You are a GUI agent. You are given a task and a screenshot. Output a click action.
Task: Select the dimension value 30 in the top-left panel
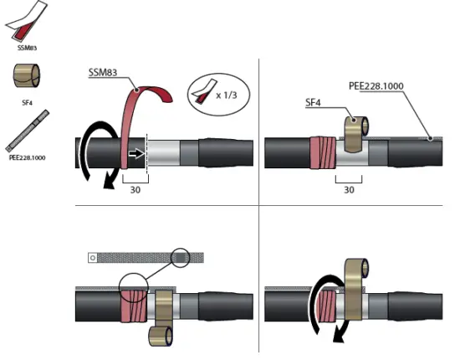coord(134,189)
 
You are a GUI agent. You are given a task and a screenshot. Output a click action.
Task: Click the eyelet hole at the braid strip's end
coord(93,258)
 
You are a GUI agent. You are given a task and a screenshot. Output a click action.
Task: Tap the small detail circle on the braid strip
coord(181,256)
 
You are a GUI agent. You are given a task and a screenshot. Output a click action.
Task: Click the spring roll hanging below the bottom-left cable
coord(159,336)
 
